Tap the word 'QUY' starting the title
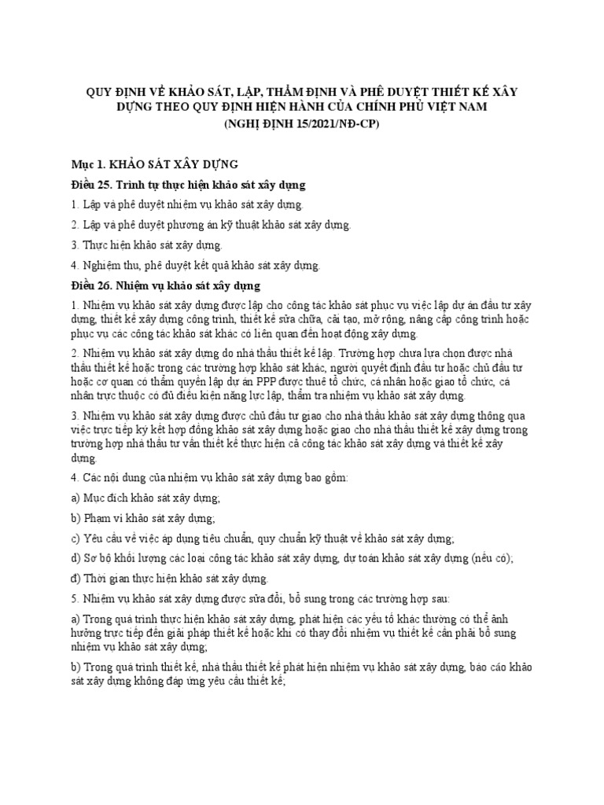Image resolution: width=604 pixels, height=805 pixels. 101,91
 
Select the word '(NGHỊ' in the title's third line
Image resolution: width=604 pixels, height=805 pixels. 245,123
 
